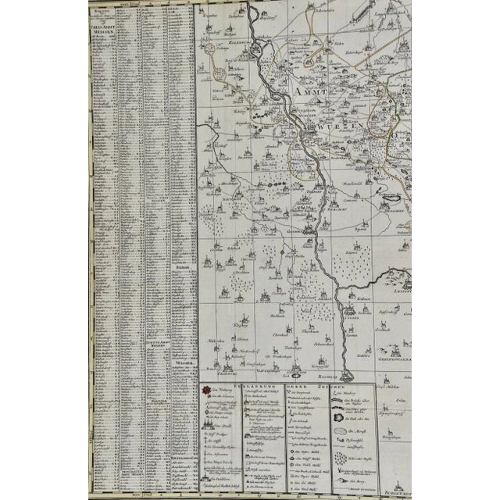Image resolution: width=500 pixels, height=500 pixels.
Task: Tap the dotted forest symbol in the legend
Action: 345,456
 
